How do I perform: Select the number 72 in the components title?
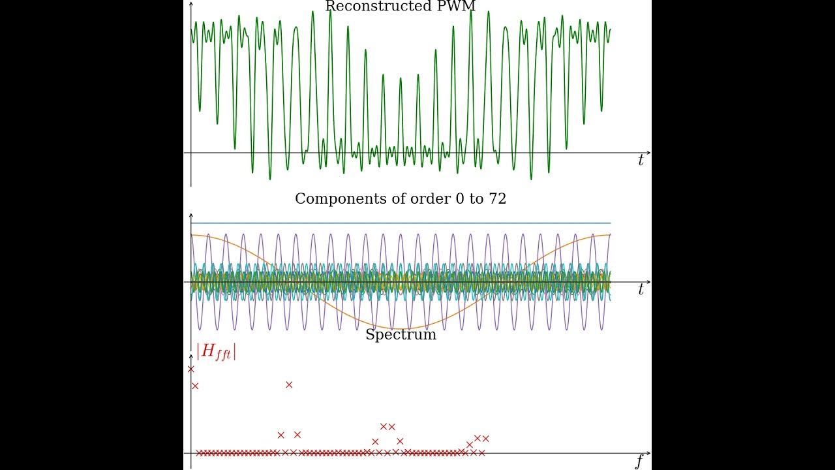pos(497,199)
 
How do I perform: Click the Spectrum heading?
pos(401,335)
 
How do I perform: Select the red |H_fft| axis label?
pos(216,351)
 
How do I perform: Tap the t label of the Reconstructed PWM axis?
pos(641,161)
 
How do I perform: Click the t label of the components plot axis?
pos(641,290)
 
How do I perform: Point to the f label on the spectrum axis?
pos(639,462)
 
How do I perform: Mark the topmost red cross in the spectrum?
pos(191,369)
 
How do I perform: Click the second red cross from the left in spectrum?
pos(195,386)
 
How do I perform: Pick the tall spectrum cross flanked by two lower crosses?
pos(289,384)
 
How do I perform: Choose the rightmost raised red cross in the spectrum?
pos(485,439)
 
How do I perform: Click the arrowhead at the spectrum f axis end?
pos(648,453)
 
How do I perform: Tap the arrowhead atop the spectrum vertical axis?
pos(191,357)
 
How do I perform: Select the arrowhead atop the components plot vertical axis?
pos(191,215)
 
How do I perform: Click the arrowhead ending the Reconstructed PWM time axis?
pos(648,153)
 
